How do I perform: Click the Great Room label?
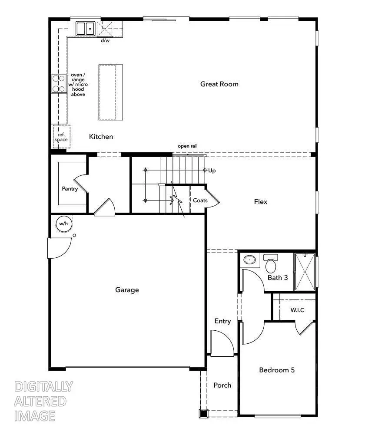point(219,84)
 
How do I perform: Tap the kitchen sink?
point(86,29)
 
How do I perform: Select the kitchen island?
point(111,92)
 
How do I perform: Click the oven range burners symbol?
point(58,83)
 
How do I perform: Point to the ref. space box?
point(61,137)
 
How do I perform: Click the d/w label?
point(105,40)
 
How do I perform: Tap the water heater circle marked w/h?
point(63,224)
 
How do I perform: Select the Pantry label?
point(70,189)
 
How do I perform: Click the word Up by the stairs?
point(212,171)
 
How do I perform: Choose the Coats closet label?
point(200,201)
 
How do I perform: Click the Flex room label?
point(261,202)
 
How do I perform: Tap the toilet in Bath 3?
point(271,263)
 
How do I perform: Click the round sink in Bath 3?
point(249,260)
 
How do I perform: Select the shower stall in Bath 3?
point(305,272)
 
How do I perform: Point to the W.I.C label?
point(297,310)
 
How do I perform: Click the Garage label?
point(127,289)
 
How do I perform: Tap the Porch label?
point(222,385)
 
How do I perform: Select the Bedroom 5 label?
point(277,370)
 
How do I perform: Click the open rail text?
point(188,146)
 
